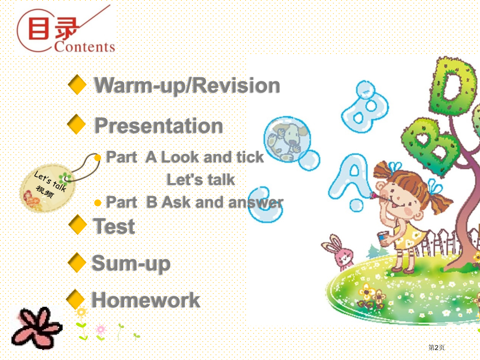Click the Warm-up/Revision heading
187,85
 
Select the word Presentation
159,126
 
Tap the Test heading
114,226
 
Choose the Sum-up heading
131,263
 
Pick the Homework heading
146,299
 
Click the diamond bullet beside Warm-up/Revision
77,85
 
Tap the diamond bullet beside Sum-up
77,262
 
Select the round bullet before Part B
98,203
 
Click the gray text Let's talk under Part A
200,179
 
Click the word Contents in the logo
85,46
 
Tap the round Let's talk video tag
47,187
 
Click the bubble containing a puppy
287,139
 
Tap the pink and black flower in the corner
37,328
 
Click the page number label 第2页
436,347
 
